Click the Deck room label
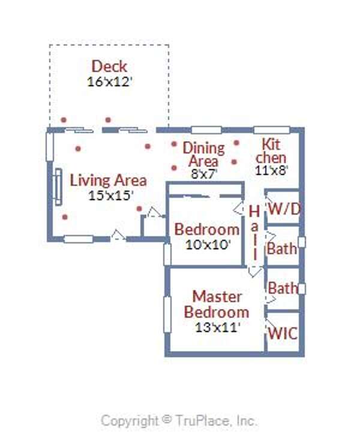109,67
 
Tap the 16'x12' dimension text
109,82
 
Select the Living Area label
108,180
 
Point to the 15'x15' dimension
110,195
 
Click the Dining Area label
203,155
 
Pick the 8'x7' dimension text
203,174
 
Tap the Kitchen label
271,151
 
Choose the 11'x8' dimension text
271,170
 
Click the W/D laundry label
284,209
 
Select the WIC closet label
283,333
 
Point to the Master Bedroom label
217,305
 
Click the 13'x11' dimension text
217,327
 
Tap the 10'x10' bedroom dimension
208,245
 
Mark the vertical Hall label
254,233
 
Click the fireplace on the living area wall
58,187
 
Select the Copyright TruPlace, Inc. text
179,421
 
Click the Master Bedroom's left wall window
167,315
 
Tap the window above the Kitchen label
272,130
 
